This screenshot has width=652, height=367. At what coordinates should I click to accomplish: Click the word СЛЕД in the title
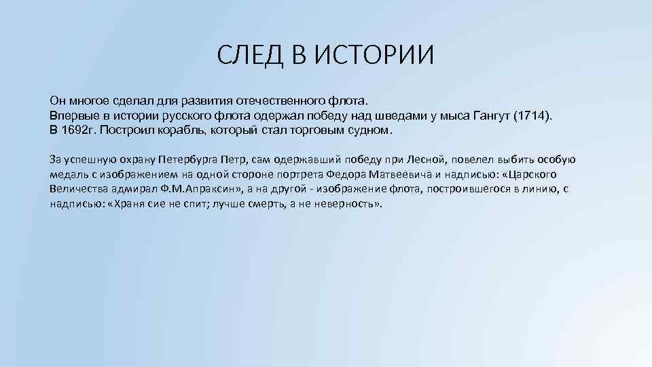pyautogui.click(x=252, y=55)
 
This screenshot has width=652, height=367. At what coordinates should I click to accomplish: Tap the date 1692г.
pyautogui.click(x=80, y=130)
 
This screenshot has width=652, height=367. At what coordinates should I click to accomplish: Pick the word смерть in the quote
pyautogui.click(x=266, y=203)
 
